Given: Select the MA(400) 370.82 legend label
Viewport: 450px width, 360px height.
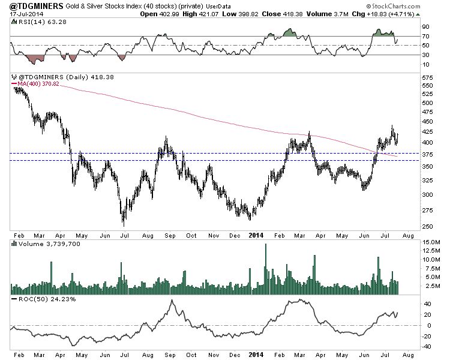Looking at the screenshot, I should click(x=35, y=84).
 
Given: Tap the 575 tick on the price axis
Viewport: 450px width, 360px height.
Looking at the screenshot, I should click(x=427, y=79).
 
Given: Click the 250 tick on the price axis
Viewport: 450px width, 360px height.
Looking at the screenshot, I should click(x=427, y=226).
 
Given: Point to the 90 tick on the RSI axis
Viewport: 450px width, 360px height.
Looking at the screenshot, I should click(x=425, y=26).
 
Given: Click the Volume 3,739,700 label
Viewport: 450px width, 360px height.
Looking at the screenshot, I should click(x=41, y=244).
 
